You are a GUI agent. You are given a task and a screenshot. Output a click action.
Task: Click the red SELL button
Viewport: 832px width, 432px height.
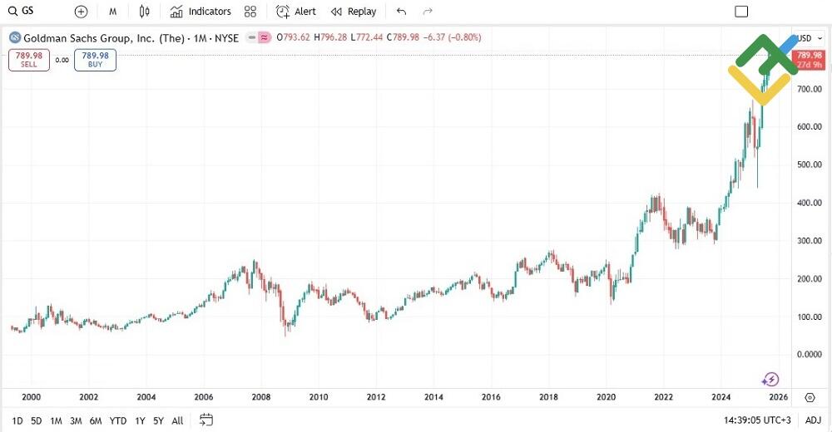(29, 60)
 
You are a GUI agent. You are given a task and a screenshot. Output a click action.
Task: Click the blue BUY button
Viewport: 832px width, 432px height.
(95, 60)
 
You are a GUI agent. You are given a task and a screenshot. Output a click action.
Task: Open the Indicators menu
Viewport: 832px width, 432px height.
(201, 12)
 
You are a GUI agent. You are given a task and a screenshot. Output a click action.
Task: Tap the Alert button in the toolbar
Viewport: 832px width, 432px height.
(296, 12)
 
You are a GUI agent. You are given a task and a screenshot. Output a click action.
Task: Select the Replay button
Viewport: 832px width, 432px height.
(354, 12)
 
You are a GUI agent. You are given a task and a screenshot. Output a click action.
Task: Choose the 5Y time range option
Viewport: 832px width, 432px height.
(158, 420)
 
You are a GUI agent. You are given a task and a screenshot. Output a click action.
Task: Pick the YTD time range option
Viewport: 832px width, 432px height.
(118, 420)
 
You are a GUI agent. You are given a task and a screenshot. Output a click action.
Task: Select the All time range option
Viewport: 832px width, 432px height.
(177, 420)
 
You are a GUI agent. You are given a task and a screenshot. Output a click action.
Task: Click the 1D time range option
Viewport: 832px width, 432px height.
(17, 420)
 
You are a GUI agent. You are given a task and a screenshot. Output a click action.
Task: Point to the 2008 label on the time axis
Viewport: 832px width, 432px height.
(261, 397)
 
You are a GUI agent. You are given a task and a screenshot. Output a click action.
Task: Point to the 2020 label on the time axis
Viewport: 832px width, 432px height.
(607, 397)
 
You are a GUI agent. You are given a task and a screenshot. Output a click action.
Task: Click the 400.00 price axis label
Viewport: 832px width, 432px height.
(810, 203)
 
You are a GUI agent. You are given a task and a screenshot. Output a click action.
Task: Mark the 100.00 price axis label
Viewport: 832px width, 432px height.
(810, 317)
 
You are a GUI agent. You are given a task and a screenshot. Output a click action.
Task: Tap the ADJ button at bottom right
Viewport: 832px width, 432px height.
(813, 420)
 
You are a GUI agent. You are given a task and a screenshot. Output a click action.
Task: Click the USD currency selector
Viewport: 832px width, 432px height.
(806, 38)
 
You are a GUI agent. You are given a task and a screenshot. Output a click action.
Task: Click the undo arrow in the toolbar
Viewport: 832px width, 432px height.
(402, 12)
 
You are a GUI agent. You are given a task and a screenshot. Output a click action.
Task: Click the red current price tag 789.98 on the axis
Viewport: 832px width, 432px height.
(809, 56)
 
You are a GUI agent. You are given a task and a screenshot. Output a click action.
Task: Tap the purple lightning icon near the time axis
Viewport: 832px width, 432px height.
(770, 380)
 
